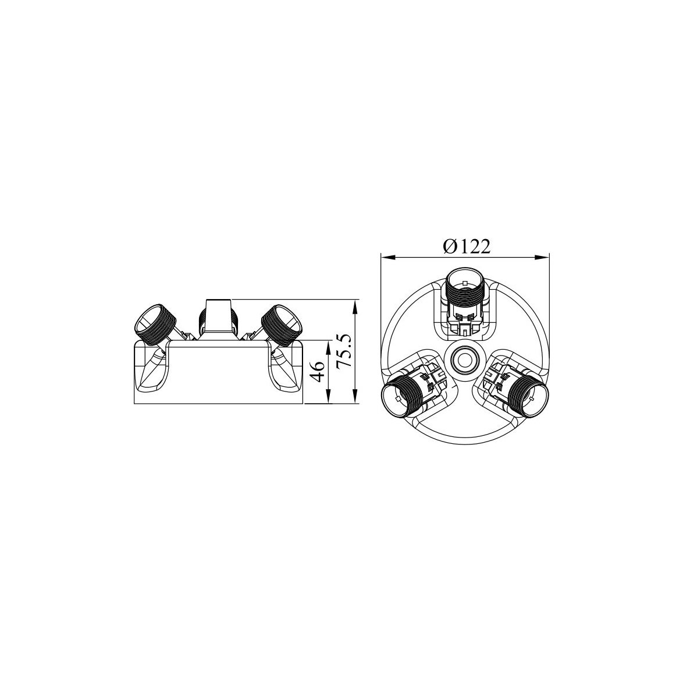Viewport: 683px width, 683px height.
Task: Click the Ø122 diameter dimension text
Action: pos(467,247)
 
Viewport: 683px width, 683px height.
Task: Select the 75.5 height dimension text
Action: pos(344,351)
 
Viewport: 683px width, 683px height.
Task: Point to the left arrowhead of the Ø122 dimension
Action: pos(387,258)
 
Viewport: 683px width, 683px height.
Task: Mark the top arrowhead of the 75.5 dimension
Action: pos(356,306)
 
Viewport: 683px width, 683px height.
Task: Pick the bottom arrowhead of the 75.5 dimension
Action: pos(356,397)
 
